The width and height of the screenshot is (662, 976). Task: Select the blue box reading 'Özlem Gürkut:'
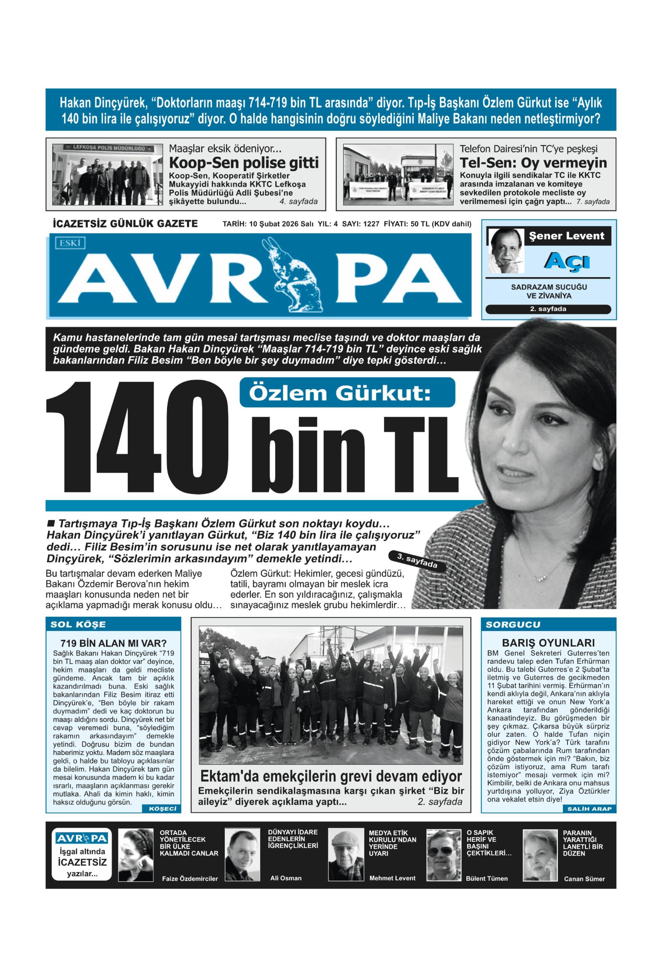[x=347, y=393]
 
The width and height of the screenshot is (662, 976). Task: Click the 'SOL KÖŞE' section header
[x=78, y=624]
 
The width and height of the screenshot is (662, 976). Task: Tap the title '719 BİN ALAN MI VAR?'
[x=113, y=643]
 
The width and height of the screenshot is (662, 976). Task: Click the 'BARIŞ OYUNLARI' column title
[x=548, y=642]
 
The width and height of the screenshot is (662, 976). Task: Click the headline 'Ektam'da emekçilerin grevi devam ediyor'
[x=331, y=776]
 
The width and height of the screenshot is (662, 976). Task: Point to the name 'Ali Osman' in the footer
[x=285, y=878]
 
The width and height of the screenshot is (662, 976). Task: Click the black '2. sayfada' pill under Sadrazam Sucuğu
[x=548, y=309]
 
